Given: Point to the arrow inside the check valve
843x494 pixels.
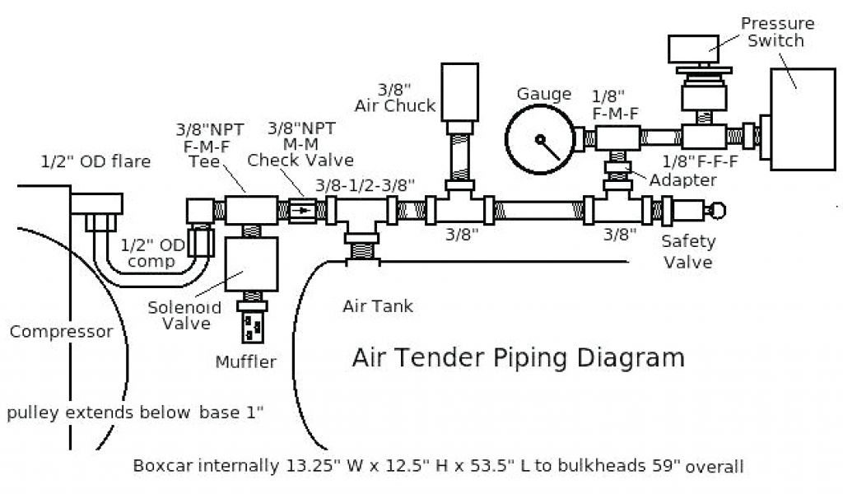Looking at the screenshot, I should [305, 210].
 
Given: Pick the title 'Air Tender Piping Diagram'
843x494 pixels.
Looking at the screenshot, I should [518, 358].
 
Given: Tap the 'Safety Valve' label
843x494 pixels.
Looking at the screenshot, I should [689, 252].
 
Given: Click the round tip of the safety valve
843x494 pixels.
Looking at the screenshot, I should [720, 210].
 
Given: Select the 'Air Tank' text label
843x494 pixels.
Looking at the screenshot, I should [378, 307].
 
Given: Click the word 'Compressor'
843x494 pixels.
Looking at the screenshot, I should [62, 332].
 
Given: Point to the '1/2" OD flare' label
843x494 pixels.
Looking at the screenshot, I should [96, 161].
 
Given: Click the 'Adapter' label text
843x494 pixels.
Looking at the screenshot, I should [682, 179].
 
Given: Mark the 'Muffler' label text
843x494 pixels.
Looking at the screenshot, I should [245, 361].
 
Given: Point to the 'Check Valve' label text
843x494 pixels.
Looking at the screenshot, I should [300, 160].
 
